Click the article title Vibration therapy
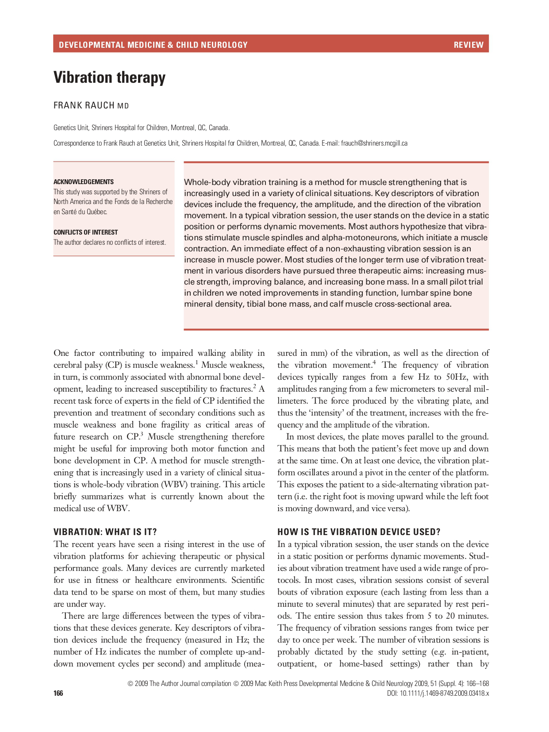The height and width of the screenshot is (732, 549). click(x=109, y=77)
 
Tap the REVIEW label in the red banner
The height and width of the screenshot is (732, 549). click(x=468, y=45)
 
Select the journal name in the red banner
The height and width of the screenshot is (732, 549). click(x=153, y=45)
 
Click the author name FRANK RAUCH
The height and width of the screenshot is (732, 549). click(x=84, y=105)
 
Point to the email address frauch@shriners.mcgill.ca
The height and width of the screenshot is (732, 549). click(x=374, y=143)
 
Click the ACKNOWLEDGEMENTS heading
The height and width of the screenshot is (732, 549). click(x=84, y=182)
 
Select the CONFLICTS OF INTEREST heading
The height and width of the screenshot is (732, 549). click(x=86, y=232)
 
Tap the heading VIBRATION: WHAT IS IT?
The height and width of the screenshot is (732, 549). click(x=105, y=532)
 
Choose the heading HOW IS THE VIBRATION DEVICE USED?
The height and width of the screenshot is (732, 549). click(x=359, y=532)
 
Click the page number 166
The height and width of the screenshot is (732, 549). click(x=58, y=693)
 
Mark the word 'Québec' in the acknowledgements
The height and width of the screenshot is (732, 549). click(x=96, y=212)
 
